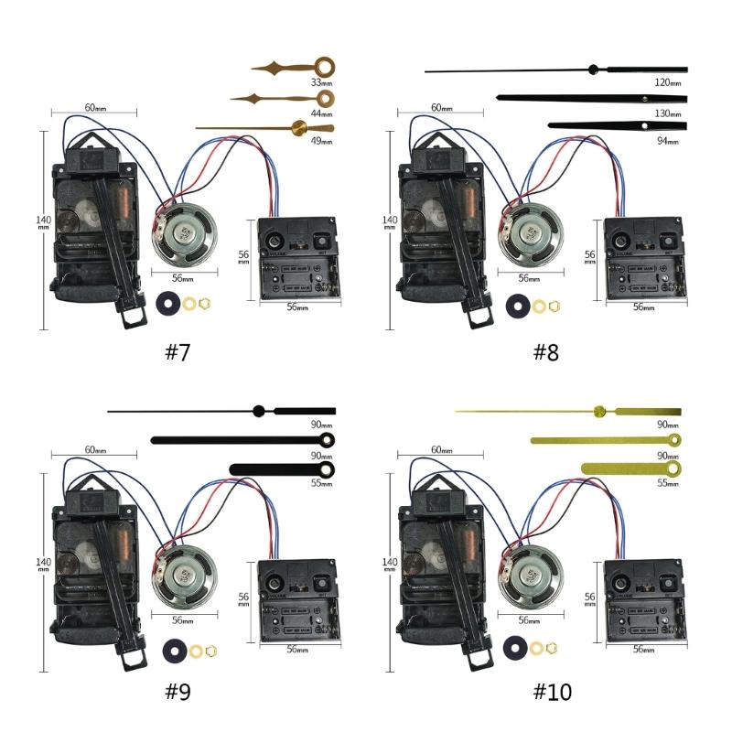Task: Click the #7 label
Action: click(x=178, y=352)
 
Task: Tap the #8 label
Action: click(x=545, y=352)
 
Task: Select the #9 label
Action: click(x=178, y=692)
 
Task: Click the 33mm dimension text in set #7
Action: click(x=321, y=82)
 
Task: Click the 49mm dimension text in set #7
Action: click(x=321, y=142)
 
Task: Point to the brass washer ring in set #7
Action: click(x=190, y=304)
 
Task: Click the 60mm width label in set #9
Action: click(x=94, y=450)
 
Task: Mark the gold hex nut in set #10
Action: click(x=552, y=649)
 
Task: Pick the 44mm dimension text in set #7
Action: click(x=321, y=113)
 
